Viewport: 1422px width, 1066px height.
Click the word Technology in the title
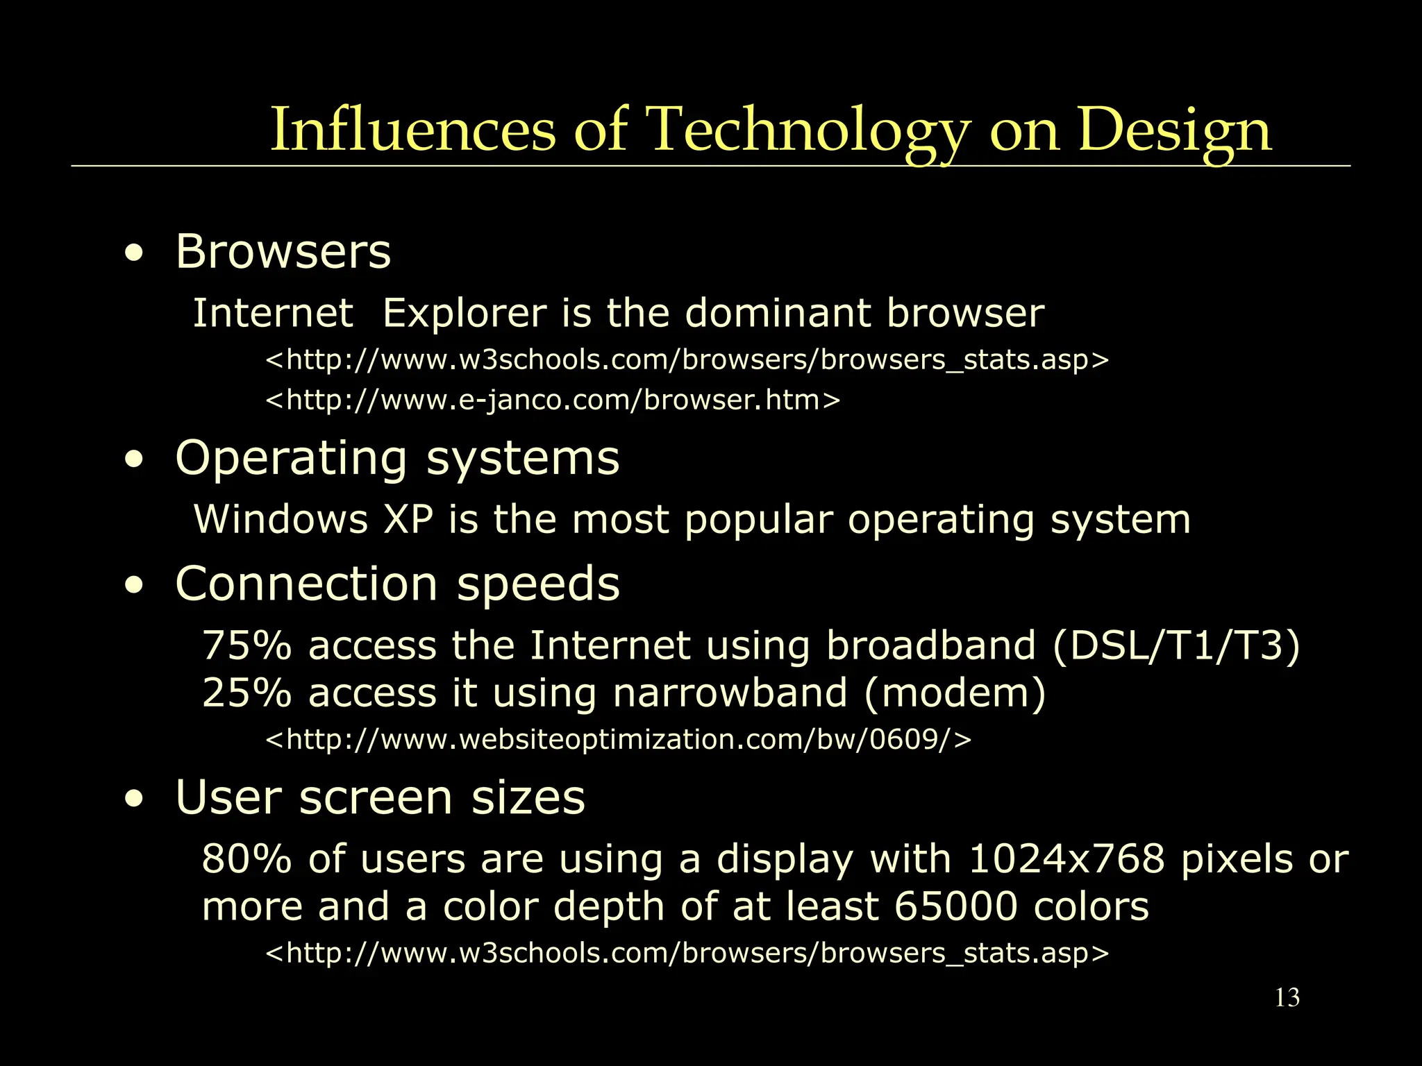(x=808, y=130)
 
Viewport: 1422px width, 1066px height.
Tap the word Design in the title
(x=1174, y=130)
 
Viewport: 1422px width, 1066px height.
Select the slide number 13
(x=1287, y=998)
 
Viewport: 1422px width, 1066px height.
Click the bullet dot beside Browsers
(x=134, y=255)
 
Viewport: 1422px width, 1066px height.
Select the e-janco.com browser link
(x=553, y=400)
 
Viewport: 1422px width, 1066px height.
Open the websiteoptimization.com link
(x=618, y=740)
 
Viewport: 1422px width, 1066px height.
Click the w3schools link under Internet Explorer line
(x=687, y=360)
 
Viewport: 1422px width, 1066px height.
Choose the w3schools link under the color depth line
(x=687, y=954)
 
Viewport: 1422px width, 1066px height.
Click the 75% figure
(x=246, y=646)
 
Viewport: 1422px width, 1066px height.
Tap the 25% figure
(x=246, y=693)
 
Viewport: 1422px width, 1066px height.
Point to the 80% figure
(x=246, y=860)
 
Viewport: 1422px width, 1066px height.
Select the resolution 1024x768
(x=1066, y=860)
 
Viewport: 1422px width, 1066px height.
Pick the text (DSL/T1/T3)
(x=1176, y=647)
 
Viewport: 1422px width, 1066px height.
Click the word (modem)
(x=955, y=694)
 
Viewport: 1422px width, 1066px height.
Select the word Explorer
(x=465, y=314)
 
